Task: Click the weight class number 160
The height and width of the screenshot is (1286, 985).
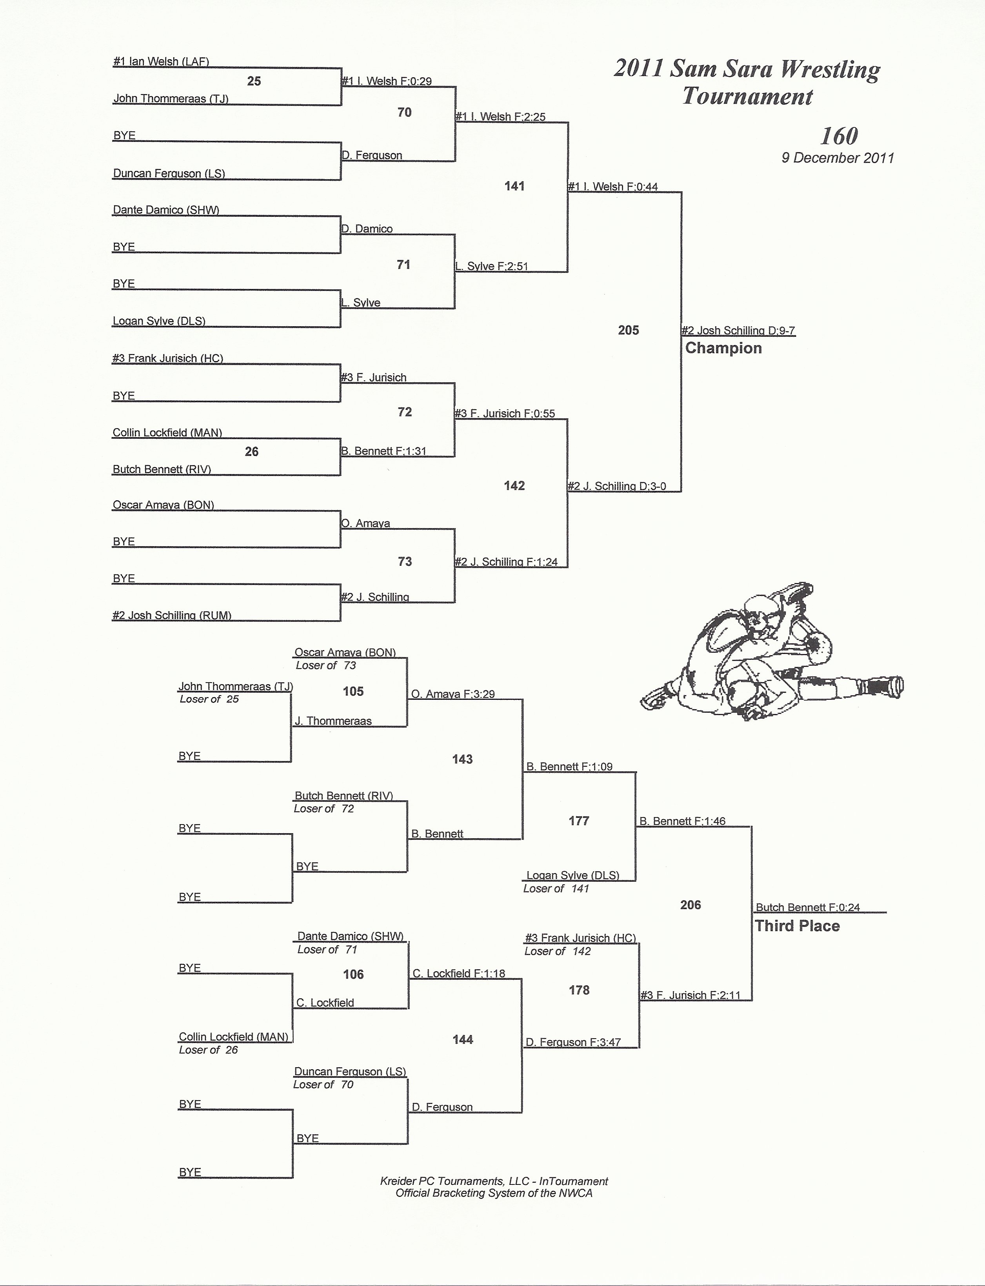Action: [x=839, y=136]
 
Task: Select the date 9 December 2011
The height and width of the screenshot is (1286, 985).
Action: [x=837, y=158]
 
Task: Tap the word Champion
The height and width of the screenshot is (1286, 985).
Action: [x=723, y=348]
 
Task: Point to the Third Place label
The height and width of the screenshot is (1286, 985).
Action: [x=798, y=926]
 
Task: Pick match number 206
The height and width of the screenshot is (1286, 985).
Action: [x=691, y=905]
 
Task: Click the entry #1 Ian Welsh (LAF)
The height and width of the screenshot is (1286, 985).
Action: [x=161, y=62]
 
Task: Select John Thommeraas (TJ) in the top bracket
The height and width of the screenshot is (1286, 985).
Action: [x=171, y=98]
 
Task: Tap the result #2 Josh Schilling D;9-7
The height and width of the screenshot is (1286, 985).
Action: [x=738, y=331]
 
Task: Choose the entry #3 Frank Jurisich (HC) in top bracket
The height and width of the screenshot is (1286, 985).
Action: [x=168, y=358]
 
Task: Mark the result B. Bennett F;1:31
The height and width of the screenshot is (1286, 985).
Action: [x=384, y=451]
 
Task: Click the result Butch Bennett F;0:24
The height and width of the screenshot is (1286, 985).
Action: [x=808, y=907]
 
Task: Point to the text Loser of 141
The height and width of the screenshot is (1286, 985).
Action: [x=556, y=888]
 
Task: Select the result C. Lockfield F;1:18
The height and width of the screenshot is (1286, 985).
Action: [x=458, y=974]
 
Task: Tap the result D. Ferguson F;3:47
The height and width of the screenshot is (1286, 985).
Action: [x=573, y=1042]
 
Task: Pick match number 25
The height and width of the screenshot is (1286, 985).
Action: [x=254, y=81]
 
